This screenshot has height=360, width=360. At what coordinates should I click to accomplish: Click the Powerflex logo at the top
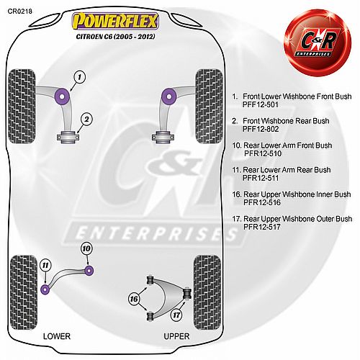[115, 21]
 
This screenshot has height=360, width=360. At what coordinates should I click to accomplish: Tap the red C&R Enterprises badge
[318, 42]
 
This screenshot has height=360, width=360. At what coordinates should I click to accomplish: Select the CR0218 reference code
[19, 12]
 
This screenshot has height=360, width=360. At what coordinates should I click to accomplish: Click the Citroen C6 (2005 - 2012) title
[115, 37]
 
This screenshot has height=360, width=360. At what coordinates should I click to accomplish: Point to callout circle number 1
[79, 77]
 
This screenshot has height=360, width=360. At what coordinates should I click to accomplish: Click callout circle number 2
[86, 120]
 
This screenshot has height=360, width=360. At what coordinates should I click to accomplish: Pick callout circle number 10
[86, 248]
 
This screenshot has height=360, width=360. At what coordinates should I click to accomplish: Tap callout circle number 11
[45, 265]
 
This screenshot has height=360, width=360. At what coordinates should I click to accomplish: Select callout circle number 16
[134, 299]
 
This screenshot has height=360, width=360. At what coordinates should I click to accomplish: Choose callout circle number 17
[176, 315]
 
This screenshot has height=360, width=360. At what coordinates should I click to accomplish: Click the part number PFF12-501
[261, 104]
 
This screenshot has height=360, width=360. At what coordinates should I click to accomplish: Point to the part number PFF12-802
[261, 129]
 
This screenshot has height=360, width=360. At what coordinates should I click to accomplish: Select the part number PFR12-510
[263, 153]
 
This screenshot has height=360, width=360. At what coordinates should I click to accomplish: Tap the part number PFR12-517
[262, 227]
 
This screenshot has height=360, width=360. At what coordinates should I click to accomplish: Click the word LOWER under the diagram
[57, 336]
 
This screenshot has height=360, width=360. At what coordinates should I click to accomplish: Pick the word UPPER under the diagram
[176, 336]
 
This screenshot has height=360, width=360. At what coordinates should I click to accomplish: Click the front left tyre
[22, 107]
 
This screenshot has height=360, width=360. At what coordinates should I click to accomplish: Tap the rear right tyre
[207, 292]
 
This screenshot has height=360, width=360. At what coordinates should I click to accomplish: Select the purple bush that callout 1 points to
[62, 96]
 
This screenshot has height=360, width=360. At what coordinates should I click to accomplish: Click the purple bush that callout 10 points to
[89, 270]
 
